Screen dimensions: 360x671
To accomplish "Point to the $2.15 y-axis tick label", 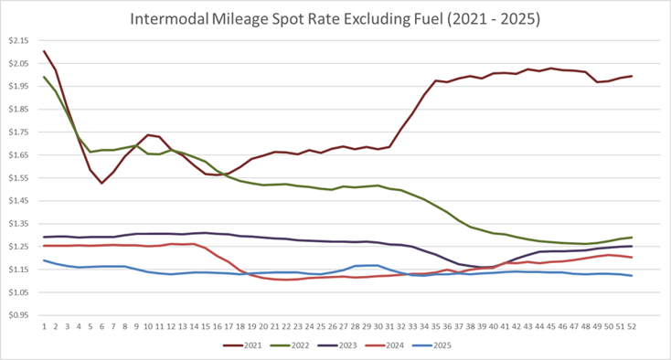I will tap(19, 40).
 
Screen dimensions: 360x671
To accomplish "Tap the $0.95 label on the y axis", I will tap(19, 315).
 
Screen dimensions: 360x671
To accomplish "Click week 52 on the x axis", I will tap(632, 325).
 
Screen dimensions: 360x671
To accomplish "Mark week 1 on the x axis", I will tap(45, 325).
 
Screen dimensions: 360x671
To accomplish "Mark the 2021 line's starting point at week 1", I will tap(45, 51).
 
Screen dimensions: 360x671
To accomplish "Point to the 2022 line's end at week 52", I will tap(632, 238).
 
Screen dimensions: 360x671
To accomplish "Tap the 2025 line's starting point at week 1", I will tap(45, 260).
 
